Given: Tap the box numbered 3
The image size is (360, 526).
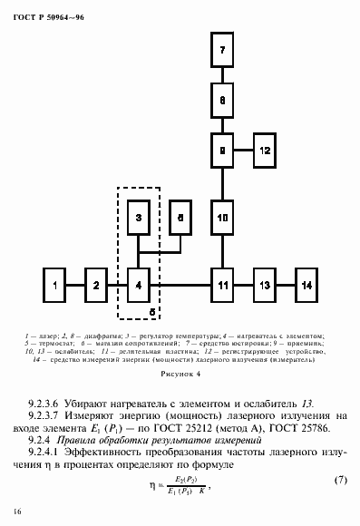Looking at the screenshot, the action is (x=138, y=219).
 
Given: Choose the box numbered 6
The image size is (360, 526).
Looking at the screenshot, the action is (x=181, y=219).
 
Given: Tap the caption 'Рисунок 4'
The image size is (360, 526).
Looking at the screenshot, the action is (x=180, y=373).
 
